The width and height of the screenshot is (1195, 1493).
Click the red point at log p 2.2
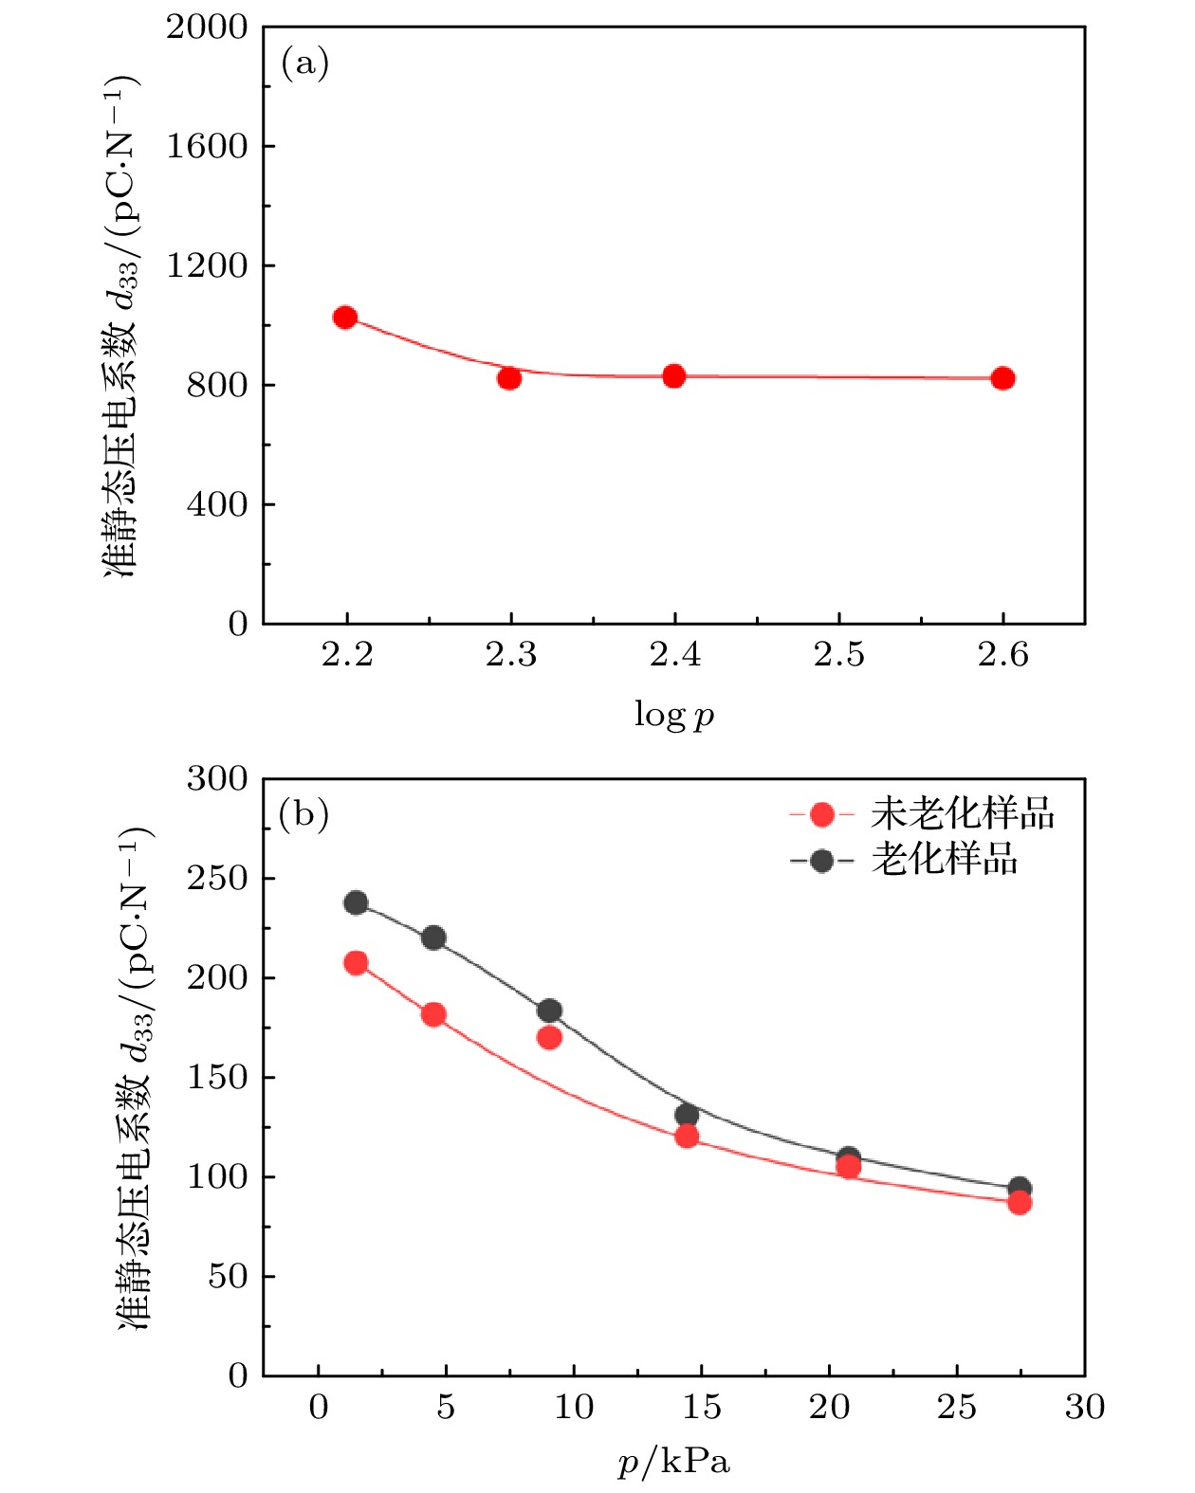click(345, 318)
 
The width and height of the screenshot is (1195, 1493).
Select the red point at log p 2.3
click(509, 378)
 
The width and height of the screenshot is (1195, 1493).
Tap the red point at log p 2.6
click(1002, 378)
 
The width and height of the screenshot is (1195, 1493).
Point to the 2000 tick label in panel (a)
click(207, 27)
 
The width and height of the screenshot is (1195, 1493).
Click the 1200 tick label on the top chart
click(207, 265)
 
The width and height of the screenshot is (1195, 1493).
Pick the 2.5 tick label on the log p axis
click(839, 654)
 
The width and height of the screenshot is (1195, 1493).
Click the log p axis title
click(673, 715)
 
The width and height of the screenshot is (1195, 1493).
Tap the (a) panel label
click(304, 64)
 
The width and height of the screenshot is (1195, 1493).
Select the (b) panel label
click(303, 814)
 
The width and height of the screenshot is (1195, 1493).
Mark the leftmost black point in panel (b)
click(356, 902)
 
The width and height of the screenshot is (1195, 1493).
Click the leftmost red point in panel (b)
click(356, 963)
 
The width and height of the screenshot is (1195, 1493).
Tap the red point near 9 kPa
click(549, 1037)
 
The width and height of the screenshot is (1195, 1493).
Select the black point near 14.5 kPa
click(687, 1115)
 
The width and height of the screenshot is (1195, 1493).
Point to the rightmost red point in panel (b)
click(1020, 1203)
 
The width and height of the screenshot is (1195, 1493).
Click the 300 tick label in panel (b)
click(217, 779)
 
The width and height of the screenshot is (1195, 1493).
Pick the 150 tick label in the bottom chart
click(217, 1077)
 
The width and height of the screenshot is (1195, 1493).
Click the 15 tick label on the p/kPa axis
click(702, 1407)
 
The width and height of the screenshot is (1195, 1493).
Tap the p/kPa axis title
click(673, 1463)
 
